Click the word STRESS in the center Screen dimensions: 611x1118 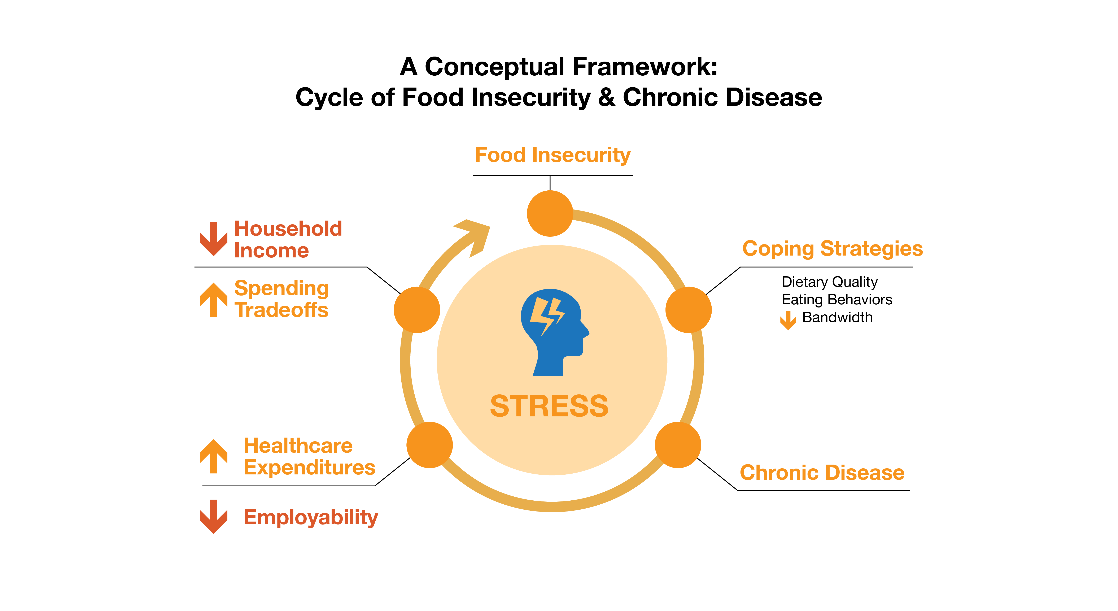pyautogui.click(x=549, y=406)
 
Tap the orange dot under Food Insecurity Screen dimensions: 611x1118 pyautogui.click(x=550, y=213)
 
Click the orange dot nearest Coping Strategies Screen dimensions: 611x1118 pyautogui.click(x=688, y=310)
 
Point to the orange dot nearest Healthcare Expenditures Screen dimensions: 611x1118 pyautogui.click(x=430, y=445)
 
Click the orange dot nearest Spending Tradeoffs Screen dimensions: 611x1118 pyautogui.click(x=417, y=310)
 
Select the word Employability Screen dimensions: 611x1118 pyautogui.click(x=311, y=517)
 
